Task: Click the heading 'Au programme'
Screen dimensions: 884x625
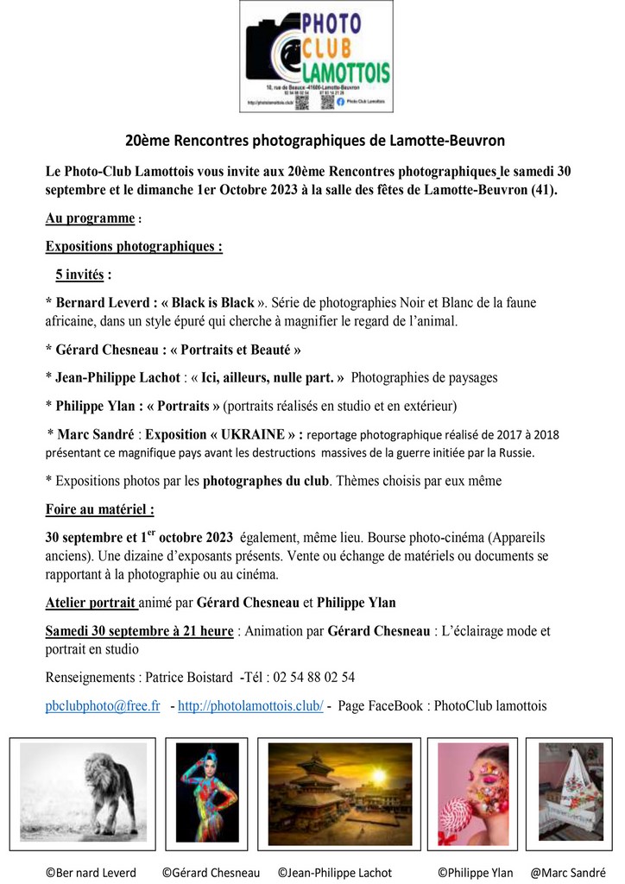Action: click(90, 218)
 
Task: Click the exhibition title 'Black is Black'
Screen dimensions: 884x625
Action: click(212, 303)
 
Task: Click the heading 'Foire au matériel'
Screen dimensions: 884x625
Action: click(99, 509)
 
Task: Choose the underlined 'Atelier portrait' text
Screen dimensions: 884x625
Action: click(90, 603)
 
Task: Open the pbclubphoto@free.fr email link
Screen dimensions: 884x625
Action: click(103, 705)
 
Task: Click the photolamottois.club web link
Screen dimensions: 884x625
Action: click(250, 705)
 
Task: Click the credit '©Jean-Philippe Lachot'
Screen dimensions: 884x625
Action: click(335, 873)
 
